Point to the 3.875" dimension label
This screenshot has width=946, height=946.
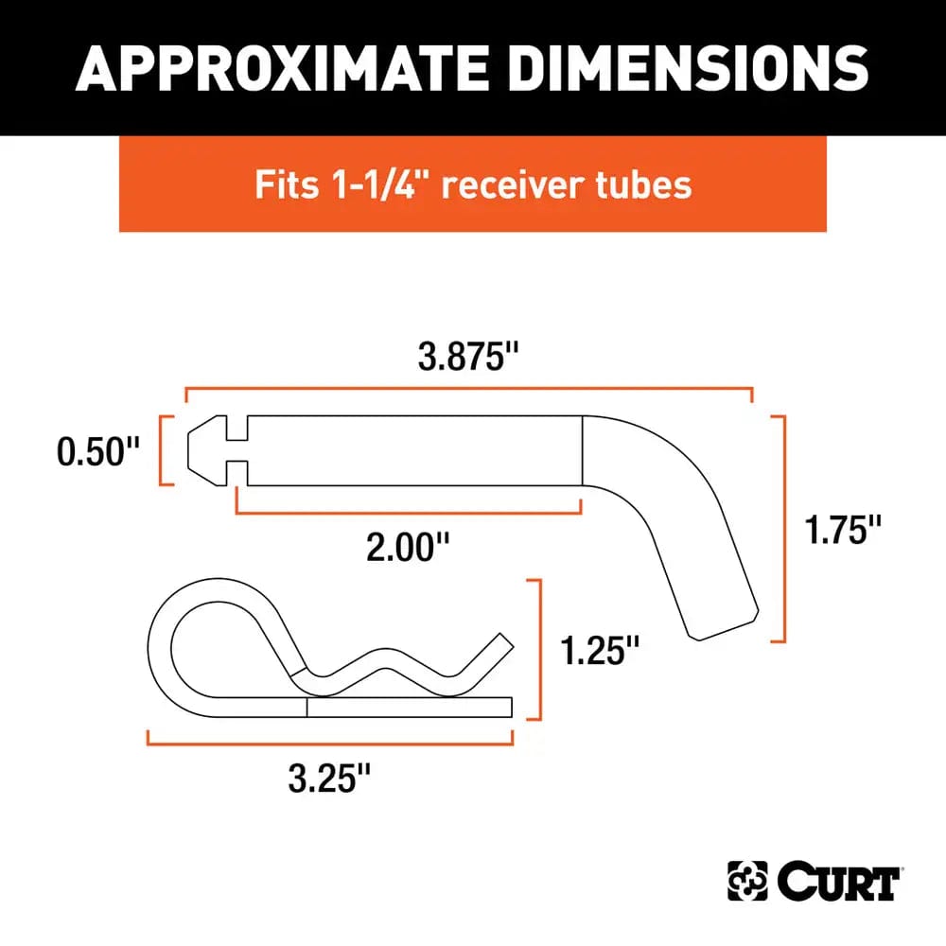(469, 359)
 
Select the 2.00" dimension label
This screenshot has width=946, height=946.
(408, 546)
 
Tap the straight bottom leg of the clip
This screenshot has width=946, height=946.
(407, 708)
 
